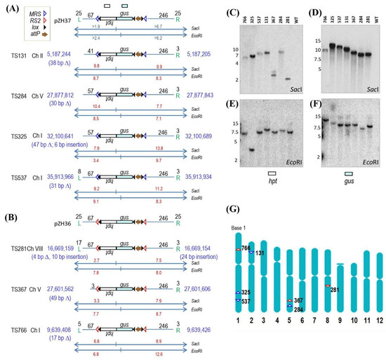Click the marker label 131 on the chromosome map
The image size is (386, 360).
point(260,253)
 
